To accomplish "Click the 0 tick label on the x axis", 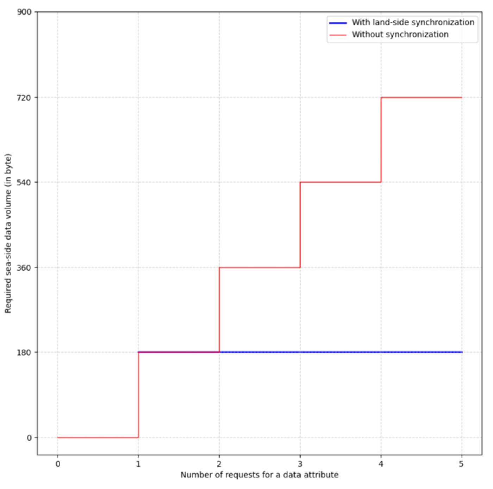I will click(58, 464).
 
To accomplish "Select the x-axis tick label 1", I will click(138, 464).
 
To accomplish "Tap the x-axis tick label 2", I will click(219, 464).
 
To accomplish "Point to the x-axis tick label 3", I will click(300, 464).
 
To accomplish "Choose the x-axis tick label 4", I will click(381, 464).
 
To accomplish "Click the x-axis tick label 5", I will click(461, 464).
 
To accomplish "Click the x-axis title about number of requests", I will click(260, 475).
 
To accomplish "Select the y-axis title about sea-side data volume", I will click(8, 233).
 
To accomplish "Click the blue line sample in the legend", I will click(338, 23).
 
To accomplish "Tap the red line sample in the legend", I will click(338, 35).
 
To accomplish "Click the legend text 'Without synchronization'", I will click(400, 35).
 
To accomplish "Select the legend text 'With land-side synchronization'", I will click(413, 23).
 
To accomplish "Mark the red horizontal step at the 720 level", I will click(421, 98).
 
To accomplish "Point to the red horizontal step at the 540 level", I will click(341, 182).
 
